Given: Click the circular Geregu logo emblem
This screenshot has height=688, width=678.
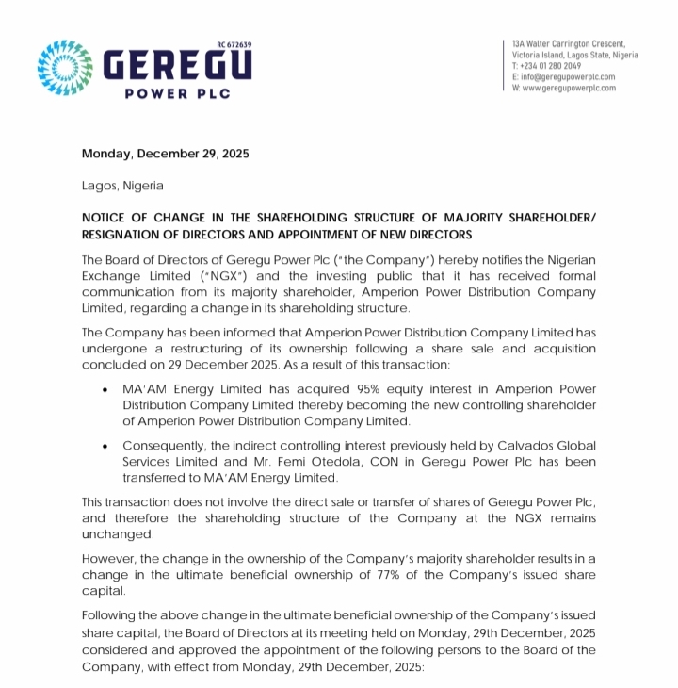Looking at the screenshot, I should coord(66,69).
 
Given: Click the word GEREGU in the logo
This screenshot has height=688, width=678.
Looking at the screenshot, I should coord(176,69).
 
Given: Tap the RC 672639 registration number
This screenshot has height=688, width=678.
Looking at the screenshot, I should coord(234,45).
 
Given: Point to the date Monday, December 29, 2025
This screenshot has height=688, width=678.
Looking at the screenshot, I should coord(166,154).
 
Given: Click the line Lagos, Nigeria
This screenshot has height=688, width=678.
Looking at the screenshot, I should coord(122,186).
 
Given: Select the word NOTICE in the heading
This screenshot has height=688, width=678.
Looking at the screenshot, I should coord(106,218).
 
